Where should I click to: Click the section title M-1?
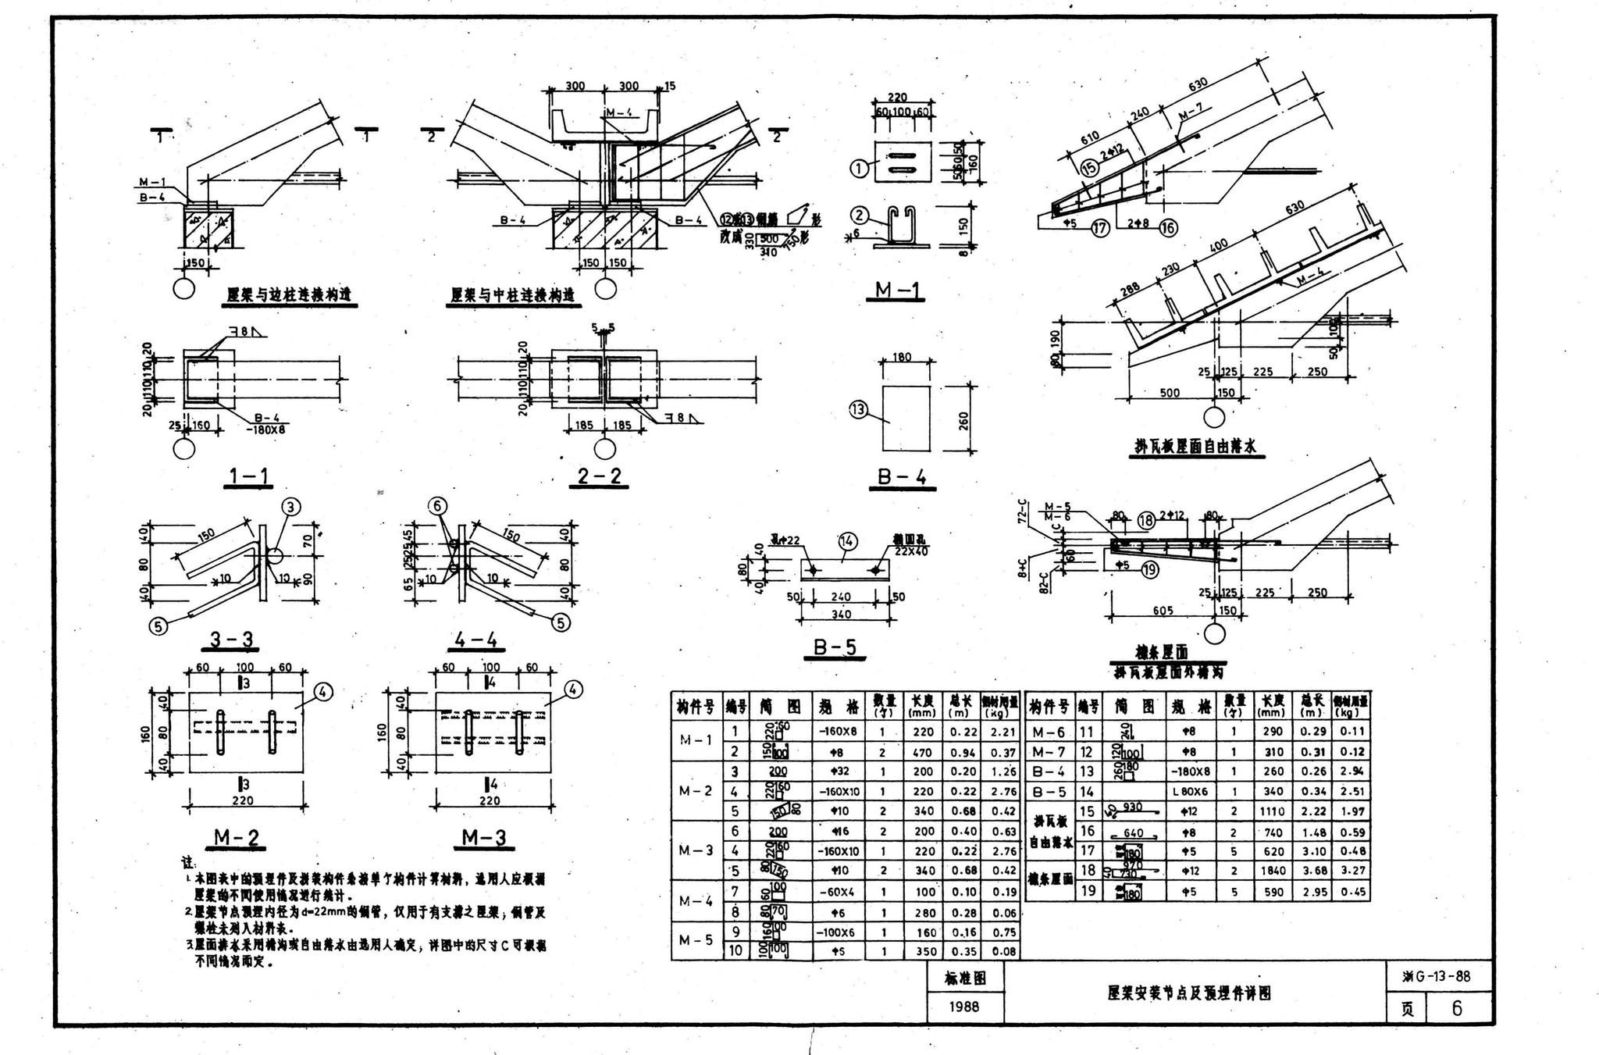pyautogui.click(x=897, y=290)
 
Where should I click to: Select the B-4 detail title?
pyautogui.click(x=901, y=476)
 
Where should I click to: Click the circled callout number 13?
pyautogui.click(x=859, y=409)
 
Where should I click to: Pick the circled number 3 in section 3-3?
pyautogui.click(x=290, y=508)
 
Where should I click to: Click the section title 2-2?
pyautogui.click(x=600, y=476)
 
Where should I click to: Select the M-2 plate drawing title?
pyautogui.click(x=237, y=838)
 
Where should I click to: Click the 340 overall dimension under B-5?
pyautogui.click(x=841, y=615)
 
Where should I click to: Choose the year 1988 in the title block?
pyautogui.click(x=965, y=1007)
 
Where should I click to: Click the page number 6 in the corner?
pyautogui.click(x=1457, y=1008)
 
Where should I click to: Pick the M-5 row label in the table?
pyautogui.click(x=695, y=941)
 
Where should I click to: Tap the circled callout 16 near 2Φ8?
pyautogui.click(x=1169, y=228)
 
